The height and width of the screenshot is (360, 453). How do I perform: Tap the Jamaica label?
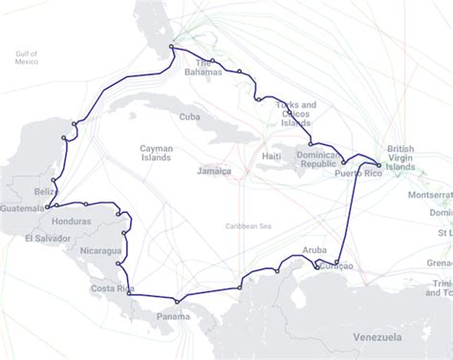pos(214,172)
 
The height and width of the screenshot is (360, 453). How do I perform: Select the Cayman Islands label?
pos(156,154)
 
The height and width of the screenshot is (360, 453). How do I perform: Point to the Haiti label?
pos(271,156)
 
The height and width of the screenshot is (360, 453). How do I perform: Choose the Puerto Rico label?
pos(358,174)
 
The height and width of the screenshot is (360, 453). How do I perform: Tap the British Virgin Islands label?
pos(402,158)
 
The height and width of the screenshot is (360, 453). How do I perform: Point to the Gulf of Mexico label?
pos(27,57)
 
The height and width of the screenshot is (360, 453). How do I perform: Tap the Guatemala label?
pos(23,208)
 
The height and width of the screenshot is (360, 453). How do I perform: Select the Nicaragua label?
pos(101,251)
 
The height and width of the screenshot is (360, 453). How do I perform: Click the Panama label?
pos(173,316)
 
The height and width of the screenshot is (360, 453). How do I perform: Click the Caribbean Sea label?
pos(248,225)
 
